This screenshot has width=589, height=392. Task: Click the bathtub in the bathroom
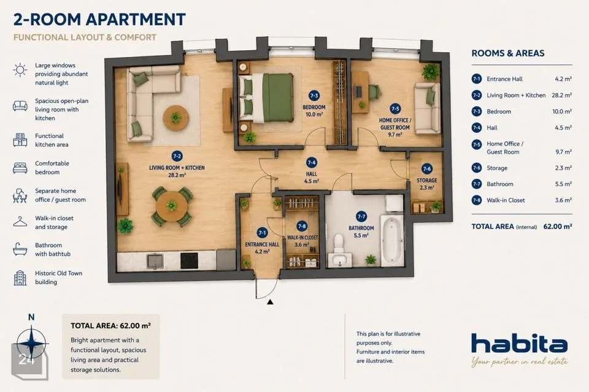coord(392,241)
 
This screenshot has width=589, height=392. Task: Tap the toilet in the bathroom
coord(339,243)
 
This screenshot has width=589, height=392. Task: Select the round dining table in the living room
coord(172,206)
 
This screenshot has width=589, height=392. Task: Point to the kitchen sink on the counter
coord(155,262)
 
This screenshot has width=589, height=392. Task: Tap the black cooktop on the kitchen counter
coord(190,261)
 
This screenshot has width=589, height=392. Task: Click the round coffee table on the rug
coord(176,118)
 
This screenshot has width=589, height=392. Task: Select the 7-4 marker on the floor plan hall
coord(312,162)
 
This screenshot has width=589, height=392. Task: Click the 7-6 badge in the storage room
coord(427,169)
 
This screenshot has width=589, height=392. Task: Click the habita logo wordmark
coord(519,343)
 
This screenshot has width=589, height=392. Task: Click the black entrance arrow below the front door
coord(270,301)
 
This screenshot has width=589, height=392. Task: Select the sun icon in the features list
coord(20,70)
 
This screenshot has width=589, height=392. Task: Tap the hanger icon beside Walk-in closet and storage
coord(20,222)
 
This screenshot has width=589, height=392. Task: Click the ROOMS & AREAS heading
coord(508,53)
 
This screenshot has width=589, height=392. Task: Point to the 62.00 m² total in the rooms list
coord(558,227)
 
